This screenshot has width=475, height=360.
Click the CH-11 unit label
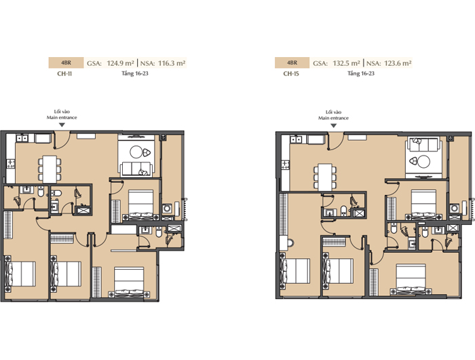point(64,73)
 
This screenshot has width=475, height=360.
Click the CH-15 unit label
point(291,73)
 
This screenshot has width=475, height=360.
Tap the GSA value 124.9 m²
point(120,63)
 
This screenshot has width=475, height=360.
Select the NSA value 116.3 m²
point(172,63)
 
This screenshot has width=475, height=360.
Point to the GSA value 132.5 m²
point(346,63)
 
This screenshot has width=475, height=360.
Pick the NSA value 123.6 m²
point(398,63)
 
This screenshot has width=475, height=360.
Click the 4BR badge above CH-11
point(66,62)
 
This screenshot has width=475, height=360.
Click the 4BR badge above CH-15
point(292,62)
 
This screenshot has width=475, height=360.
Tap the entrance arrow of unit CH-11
point(62,125)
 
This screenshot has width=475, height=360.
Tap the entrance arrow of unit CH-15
point(334,125)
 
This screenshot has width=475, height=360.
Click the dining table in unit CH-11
point(50,169)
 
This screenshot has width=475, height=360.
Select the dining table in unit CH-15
point(325,177)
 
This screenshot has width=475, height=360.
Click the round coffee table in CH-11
point(136,152)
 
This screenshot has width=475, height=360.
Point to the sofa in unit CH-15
point(423,145)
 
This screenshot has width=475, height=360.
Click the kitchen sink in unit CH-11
point(22,139)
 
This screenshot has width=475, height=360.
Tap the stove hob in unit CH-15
point(286,164)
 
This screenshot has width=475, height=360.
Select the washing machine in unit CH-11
point(167,209)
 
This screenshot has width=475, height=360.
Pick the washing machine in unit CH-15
point(454,209)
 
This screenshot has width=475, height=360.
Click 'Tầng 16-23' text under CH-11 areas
point(135,73)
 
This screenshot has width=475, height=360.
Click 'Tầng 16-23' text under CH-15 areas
point(361,73)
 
